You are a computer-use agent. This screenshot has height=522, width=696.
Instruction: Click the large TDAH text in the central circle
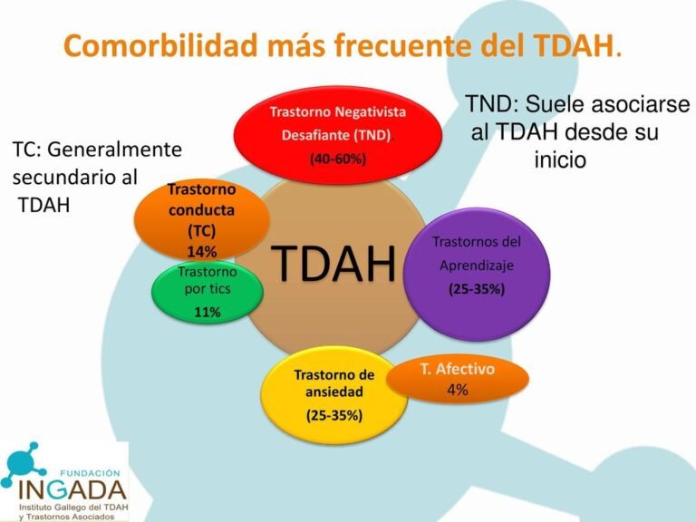coord(335,264)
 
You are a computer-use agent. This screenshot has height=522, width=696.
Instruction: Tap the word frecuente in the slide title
coord(420,45)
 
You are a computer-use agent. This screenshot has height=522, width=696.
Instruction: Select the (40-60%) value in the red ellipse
coord(337,159)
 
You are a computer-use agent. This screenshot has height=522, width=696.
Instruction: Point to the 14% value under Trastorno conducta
coord(201,251)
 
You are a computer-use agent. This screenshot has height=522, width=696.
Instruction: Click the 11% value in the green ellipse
coord(207,313)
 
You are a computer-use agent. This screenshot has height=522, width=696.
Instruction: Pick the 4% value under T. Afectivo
coord(457,391)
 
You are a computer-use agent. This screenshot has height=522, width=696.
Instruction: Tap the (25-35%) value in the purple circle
coord(477,289)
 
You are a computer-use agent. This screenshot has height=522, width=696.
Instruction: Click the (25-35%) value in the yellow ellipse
coord(333,416)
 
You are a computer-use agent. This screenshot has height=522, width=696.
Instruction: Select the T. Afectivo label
coord(458,371)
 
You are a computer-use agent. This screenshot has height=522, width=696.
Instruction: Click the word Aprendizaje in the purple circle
coord(477,266)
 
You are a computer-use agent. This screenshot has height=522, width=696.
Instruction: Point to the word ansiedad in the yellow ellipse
coord(333,392)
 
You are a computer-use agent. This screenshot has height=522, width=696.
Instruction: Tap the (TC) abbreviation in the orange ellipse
coord(201,230)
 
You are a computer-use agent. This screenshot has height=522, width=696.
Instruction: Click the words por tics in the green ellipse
coord(207,290)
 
